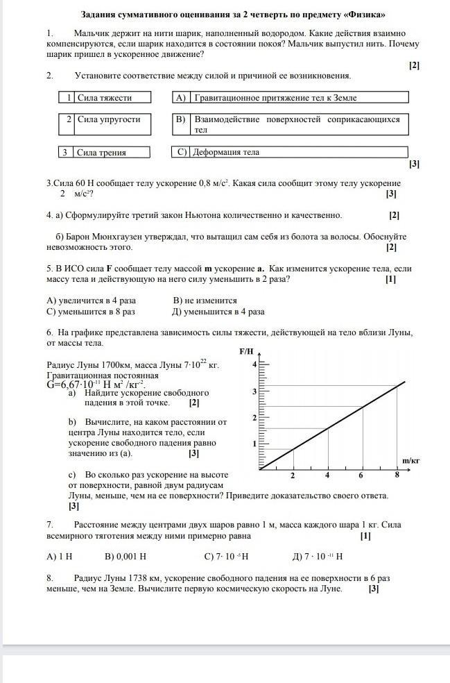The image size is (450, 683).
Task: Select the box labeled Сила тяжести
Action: [x=105, y=98]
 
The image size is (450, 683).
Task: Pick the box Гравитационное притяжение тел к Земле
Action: [x=290, y=98]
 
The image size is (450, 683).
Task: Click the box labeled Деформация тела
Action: [x=290, y=151]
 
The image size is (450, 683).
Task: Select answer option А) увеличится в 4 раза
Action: [x=91, y=301]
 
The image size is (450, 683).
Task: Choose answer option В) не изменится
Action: [x=205, y=301]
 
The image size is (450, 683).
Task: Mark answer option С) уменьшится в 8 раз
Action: [x=91, y=312]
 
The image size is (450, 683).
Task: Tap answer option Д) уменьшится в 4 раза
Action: [x=218, y=312]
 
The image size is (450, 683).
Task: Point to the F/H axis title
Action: [x=247, y=351]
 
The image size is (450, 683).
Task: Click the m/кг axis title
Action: [x=410, y=460]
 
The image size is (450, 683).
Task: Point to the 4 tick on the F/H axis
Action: [x=254, y=364]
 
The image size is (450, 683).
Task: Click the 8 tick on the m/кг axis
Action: [x=397, y=475]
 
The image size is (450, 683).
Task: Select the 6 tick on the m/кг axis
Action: [x=361, y=475]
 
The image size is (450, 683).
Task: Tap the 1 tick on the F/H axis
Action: [x=254, y=443]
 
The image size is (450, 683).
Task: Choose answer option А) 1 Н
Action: [x=60, y=556]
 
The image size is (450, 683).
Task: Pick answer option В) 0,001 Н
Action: [x=126, y=556]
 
